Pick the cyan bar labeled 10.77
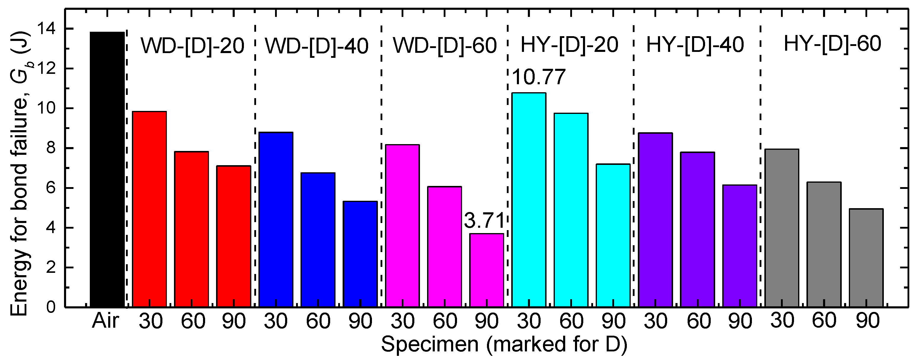[529, 199]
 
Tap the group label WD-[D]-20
[192, 46]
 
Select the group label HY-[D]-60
[832, 44]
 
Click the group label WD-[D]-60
[445, 46]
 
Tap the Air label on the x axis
[106, 321]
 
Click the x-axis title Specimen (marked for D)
[504, 344]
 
